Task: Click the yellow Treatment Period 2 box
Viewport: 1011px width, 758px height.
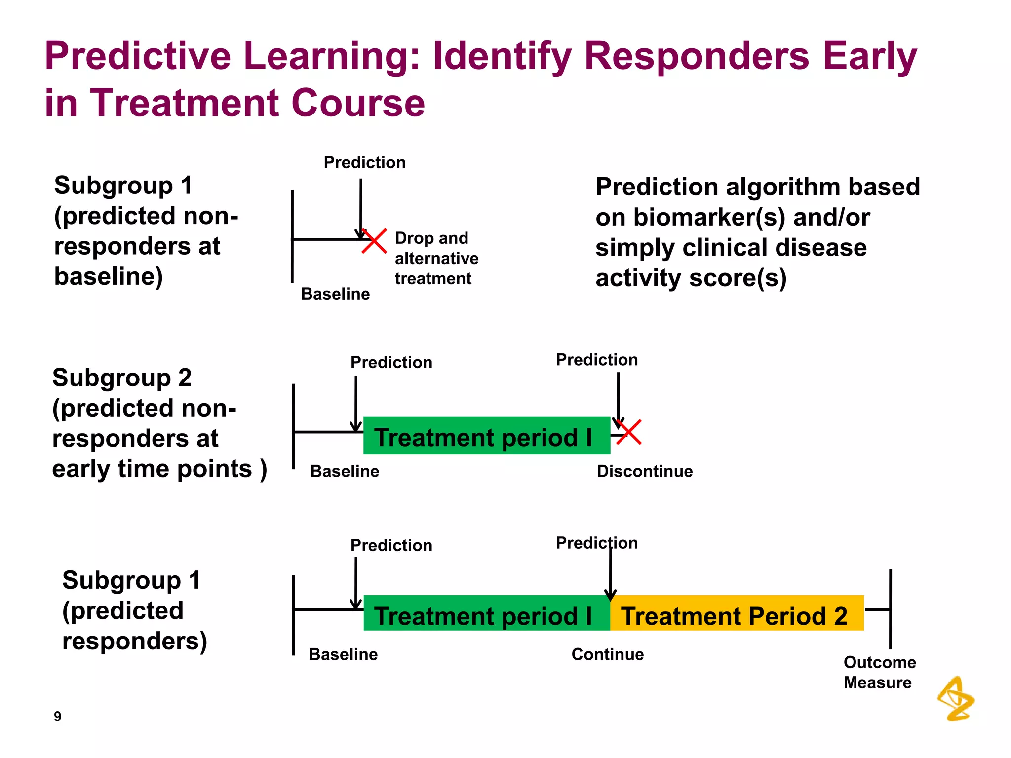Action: click(737, 613)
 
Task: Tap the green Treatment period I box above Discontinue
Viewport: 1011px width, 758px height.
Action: click(486, 435)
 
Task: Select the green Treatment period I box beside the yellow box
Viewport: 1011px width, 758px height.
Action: click(486, 613)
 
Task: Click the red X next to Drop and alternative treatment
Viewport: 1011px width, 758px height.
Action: click(374, 241)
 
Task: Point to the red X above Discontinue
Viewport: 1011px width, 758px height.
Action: click(629, 432)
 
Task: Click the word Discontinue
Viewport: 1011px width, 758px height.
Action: click(644, 471)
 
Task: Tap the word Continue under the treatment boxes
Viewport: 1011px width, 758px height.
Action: click(607, 654)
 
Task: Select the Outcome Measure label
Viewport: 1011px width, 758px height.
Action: click(879, 672)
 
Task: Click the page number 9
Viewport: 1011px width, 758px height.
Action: click(58, 716)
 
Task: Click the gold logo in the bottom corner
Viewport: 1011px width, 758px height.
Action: click(956, 699)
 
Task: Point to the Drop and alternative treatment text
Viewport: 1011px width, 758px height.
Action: click(436, 258)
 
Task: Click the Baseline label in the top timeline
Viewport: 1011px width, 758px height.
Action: click(335, 294)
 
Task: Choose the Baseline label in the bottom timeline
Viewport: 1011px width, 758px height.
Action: click(343, 654)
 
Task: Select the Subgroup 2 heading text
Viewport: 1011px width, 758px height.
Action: click(121, 378)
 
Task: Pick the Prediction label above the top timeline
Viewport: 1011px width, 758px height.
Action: click(364, 162)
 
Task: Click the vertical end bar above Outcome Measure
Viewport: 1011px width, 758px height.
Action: click(890, 609)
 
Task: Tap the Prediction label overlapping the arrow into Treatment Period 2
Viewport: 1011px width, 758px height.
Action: click(596, 543)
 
